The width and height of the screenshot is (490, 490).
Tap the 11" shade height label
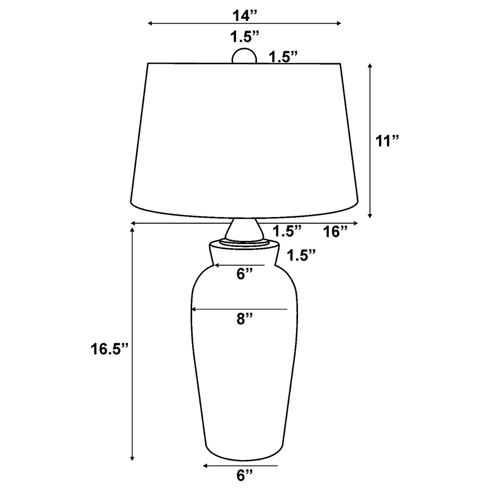387,141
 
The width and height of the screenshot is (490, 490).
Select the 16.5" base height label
109,349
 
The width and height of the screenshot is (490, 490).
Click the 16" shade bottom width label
335,232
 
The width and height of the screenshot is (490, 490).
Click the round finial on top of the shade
244,56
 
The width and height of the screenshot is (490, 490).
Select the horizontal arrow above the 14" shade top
244,23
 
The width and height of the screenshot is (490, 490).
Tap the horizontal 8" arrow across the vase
239,309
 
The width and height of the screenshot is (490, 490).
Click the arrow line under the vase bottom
240,465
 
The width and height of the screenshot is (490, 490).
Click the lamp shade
244,137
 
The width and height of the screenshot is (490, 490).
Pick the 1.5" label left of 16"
286,232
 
